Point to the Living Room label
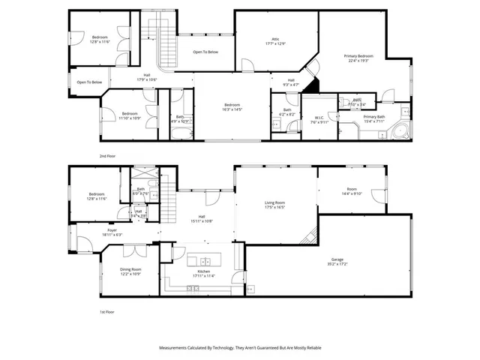pos(274,205)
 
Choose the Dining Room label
pos(130,271)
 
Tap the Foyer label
pos(112,232)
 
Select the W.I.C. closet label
pos(319,119)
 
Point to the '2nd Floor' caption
pos(108,155)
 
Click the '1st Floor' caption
pos(108,311)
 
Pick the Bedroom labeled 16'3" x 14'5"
pos(231,106)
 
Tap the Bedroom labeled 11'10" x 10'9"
pos(130,115)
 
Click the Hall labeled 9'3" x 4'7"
pos(290,82)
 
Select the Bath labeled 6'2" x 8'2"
pos(287,112)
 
